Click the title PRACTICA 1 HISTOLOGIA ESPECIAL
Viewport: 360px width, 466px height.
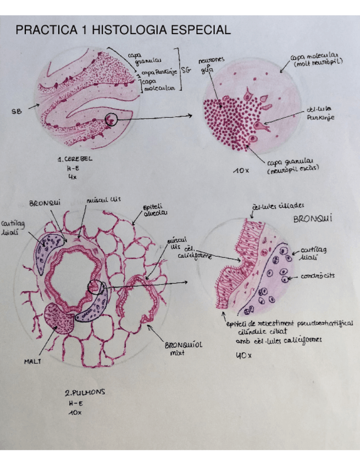pyautogui.click(x=123, y=30)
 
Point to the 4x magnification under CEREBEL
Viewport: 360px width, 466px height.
pyautogui.click(x=71, y=178)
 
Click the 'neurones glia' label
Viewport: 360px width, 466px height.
pyautogui.click(x=208, y=65)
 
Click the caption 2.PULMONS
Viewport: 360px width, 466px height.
pyautogui.click(x=85, y=393)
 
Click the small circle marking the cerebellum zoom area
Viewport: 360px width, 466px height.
pyautogui.click(x=111, y=119)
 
